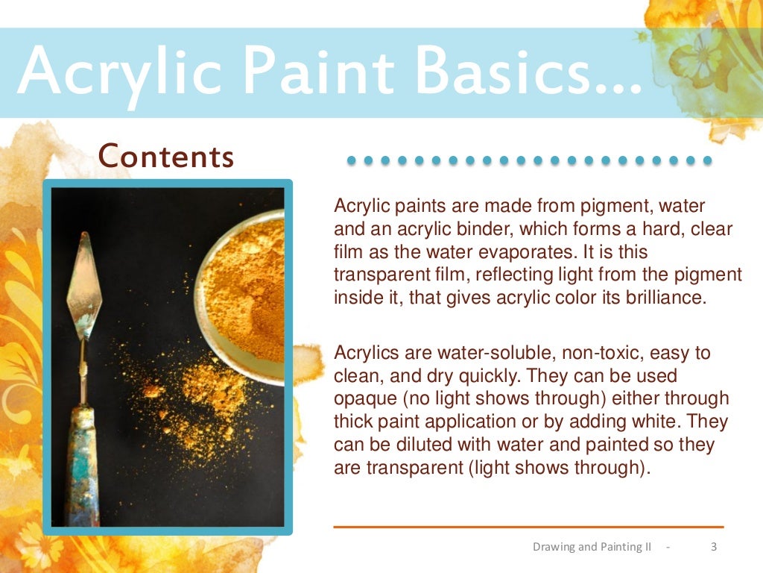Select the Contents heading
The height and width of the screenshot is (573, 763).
[x=166, y=157]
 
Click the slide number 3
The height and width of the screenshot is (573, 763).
[x=714, y=547]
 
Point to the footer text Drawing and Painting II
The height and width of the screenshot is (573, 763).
[x=592, y=547]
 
